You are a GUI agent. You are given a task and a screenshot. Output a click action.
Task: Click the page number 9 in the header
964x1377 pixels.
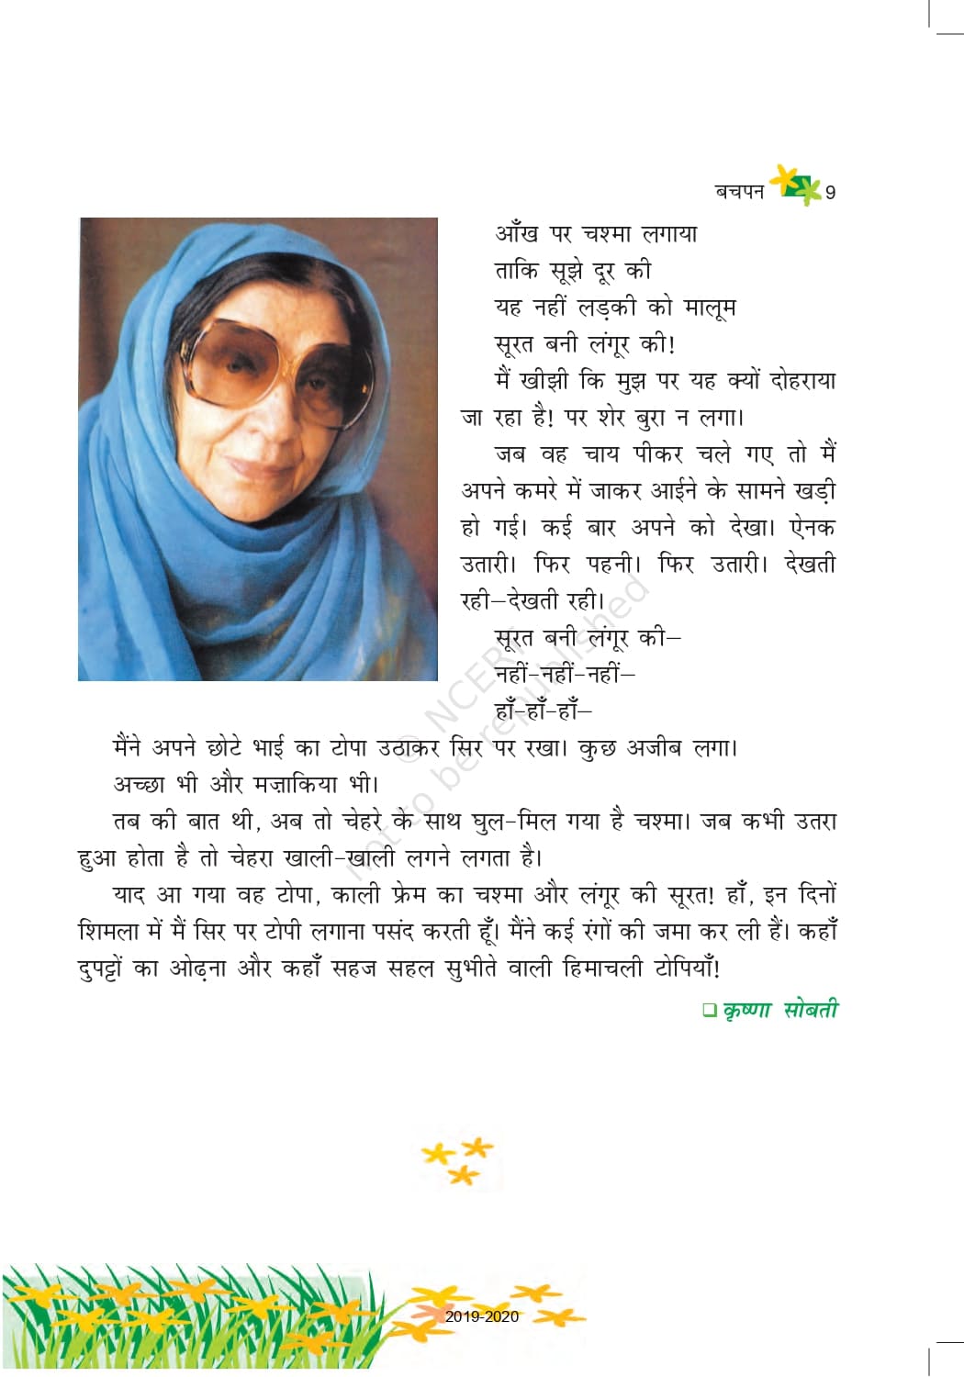pyautogui.click(x=830, y=193)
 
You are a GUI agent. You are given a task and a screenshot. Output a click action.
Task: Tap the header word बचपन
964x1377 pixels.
pyautogui.click(x=739, y=192)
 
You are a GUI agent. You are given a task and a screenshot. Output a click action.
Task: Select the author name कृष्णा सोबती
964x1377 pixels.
pyautogui.click(x=780, y=1010)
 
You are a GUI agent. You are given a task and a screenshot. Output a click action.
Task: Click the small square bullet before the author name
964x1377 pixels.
pyautogui.click(x=709, y=1011)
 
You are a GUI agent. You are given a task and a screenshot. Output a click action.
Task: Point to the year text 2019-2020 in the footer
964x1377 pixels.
pyautogui.click(x=481, y=1316)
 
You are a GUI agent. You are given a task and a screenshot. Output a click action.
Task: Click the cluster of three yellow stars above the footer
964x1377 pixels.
pyautogui.click(x=458, y=1160)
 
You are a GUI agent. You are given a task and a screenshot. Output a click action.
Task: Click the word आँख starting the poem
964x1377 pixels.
pyautogui.click(x=517, y=234)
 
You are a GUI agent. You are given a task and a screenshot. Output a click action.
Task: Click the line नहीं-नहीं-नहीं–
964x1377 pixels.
pyautogui.click(x=564, y=675)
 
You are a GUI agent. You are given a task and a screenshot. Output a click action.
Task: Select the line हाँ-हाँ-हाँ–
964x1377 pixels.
pyautogui.click(x=543, y=711)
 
